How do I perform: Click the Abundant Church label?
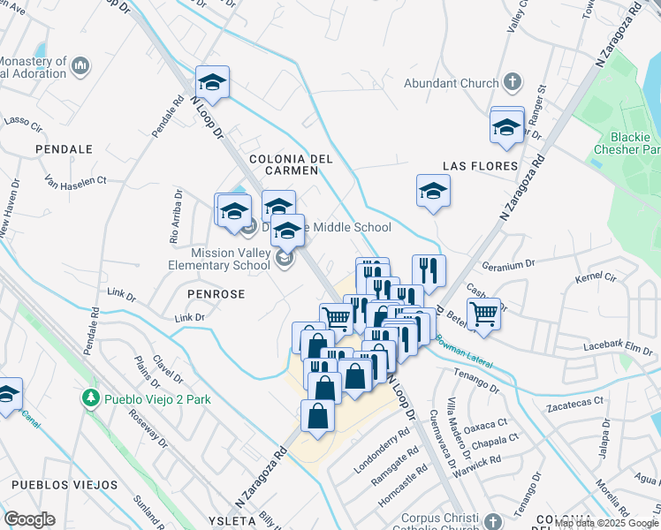pyautogui.click(x=451, y=84)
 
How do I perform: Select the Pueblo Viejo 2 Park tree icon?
pyautogui.click(x=89, y=399)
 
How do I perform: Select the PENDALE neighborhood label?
pyautogui.click(x=64, y=149)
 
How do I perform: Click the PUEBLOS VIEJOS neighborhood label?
pyautogui.click(x=65, y=485)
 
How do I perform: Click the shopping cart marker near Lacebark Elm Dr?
pyautogui.click(x=483, y=314)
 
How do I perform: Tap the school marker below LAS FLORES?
pyautogui.click(x=433, y=191)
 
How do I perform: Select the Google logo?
pyautogui.click(x=29, y=519)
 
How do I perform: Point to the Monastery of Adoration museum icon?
pyautogui.click(x=80, y=64)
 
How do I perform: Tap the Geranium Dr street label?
pyautogui.click(x=508, y=263)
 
